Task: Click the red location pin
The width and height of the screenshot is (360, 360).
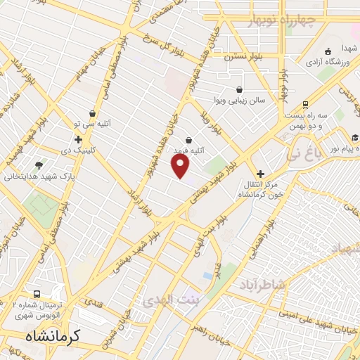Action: tap(181, 166)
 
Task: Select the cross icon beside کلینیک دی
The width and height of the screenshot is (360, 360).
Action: tap(78, 139)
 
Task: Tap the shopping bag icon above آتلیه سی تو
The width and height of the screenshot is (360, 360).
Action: tap(92, 112)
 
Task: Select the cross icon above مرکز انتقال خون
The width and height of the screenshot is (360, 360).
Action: tap(260, 173)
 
